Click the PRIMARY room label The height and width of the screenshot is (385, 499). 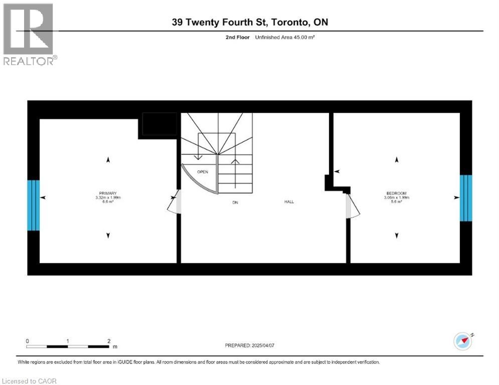coord(108,194)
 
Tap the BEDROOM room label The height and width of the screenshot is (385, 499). coord(396,194)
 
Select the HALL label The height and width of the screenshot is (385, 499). coord(289,202)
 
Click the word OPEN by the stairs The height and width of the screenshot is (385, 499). coord(203,172)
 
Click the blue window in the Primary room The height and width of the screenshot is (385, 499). coord(33,205)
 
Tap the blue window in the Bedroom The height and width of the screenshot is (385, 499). coord(466,198)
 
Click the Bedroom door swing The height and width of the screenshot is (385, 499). coord(353,206)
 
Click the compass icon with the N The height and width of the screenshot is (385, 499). coord(463,341)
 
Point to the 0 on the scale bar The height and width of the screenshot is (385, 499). coord(27,340)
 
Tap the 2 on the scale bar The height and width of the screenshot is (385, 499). coord(109,340)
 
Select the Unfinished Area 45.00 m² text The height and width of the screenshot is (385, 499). coord(285,37)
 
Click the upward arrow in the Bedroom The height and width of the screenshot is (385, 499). coord(397,160)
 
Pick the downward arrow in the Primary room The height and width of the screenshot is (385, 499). coord(108,236)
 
